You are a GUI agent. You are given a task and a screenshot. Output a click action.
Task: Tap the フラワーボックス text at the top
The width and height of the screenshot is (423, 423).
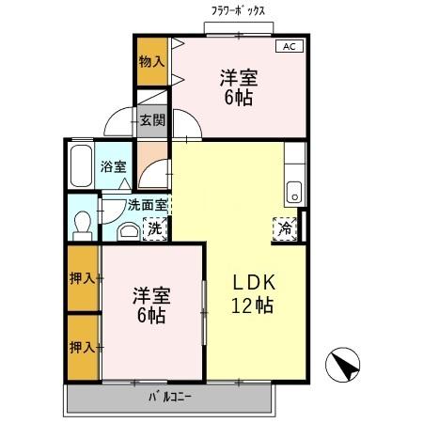tap(238, 10)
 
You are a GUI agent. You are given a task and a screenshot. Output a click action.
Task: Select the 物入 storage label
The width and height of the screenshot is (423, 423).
tap(150, 61)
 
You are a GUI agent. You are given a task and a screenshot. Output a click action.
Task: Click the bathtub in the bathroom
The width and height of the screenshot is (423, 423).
tap(80, 166)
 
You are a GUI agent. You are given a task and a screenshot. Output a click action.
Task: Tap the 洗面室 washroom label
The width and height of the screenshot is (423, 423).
tap(148, 205)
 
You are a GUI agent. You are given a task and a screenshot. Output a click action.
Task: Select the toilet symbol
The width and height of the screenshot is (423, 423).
tap(81, 223)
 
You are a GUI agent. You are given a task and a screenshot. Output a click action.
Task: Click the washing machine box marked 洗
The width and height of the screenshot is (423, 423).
tap(152, 227)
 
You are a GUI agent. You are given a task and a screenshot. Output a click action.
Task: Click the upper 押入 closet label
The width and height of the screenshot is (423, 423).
tap(81, 277)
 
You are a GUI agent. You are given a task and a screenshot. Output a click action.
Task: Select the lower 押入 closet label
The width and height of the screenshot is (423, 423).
tap(81, 347)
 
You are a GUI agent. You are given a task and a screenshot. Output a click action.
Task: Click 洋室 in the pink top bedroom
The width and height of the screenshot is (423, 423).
tap(240, 76)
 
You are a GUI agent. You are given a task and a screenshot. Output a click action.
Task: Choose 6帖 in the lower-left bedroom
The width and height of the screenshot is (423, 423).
tap(150, 316)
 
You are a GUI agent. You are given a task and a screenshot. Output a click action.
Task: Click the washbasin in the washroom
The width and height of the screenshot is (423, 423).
tap(127, 229)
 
